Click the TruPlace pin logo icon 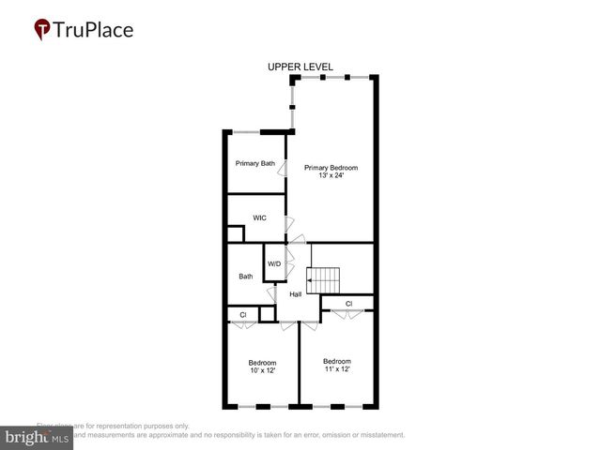point(42,30)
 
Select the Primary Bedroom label point(331,168)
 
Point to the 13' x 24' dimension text point(331,176)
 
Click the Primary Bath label point(254,164)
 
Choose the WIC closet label point(259,217)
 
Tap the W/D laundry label point(274,263)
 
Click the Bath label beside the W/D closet point(245,277)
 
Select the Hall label point(295,294)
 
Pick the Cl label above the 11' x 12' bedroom point(348,304)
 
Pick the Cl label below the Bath point(243,315)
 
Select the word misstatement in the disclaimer point(376,435)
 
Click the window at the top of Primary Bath point(246,131)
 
